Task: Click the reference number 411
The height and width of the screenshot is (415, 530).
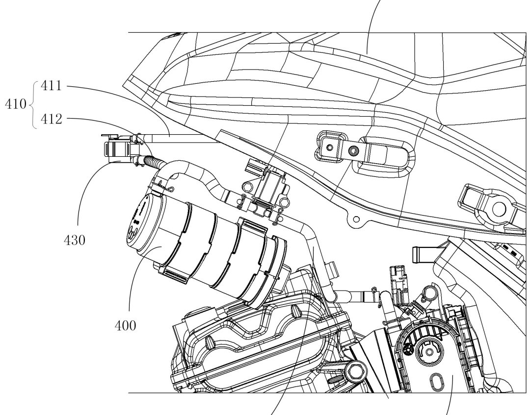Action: click(x=52, y=86)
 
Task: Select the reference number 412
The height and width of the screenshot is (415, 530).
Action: click(x=52, y=119)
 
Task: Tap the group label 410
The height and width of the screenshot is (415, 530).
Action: click(x=16, y=104)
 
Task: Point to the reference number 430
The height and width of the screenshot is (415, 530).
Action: click(x=75, y=240)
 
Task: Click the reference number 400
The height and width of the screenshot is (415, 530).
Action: click(x=126, y=326)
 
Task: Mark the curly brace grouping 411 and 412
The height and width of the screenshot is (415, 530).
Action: click(x=33, y=105)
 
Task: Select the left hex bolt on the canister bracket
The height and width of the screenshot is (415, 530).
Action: click(x=247, y=187)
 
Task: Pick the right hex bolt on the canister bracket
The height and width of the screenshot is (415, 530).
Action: click(x=285, y=202)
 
